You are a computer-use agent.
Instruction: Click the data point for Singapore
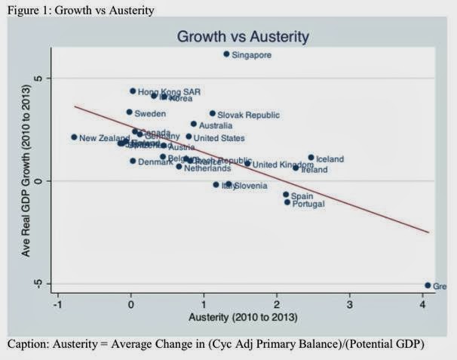[226, 54]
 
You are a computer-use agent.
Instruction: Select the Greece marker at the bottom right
[428, 285]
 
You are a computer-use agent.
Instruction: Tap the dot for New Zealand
[74, 137]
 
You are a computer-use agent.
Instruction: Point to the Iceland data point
[311, 158]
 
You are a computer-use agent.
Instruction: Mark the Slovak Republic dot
[213, 114]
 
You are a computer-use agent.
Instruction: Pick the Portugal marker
[287, 202]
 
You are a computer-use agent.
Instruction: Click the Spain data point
[286, 195]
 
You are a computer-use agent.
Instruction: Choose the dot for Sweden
[129, 112]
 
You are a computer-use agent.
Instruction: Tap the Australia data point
[194, 124]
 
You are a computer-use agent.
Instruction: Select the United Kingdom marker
[247, 164]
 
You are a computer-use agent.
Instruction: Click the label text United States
[219, 138]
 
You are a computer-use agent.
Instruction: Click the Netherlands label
[207, 168]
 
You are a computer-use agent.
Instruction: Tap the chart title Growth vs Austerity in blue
[243, 35]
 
